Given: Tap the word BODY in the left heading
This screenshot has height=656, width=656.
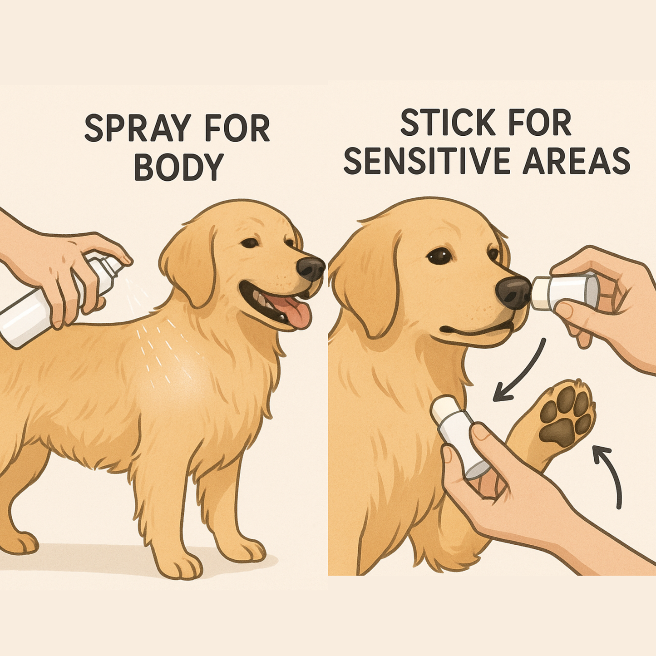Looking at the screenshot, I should [x=178, y=167].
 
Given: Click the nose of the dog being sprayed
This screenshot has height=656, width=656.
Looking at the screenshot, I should [x=311, y=269].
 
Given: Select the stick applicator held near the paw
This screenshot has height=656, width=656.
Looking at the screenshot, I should [x=459, y=436].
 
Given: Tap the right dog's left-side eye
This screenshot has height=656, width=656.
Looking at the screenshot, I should [x=440, y=256].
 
